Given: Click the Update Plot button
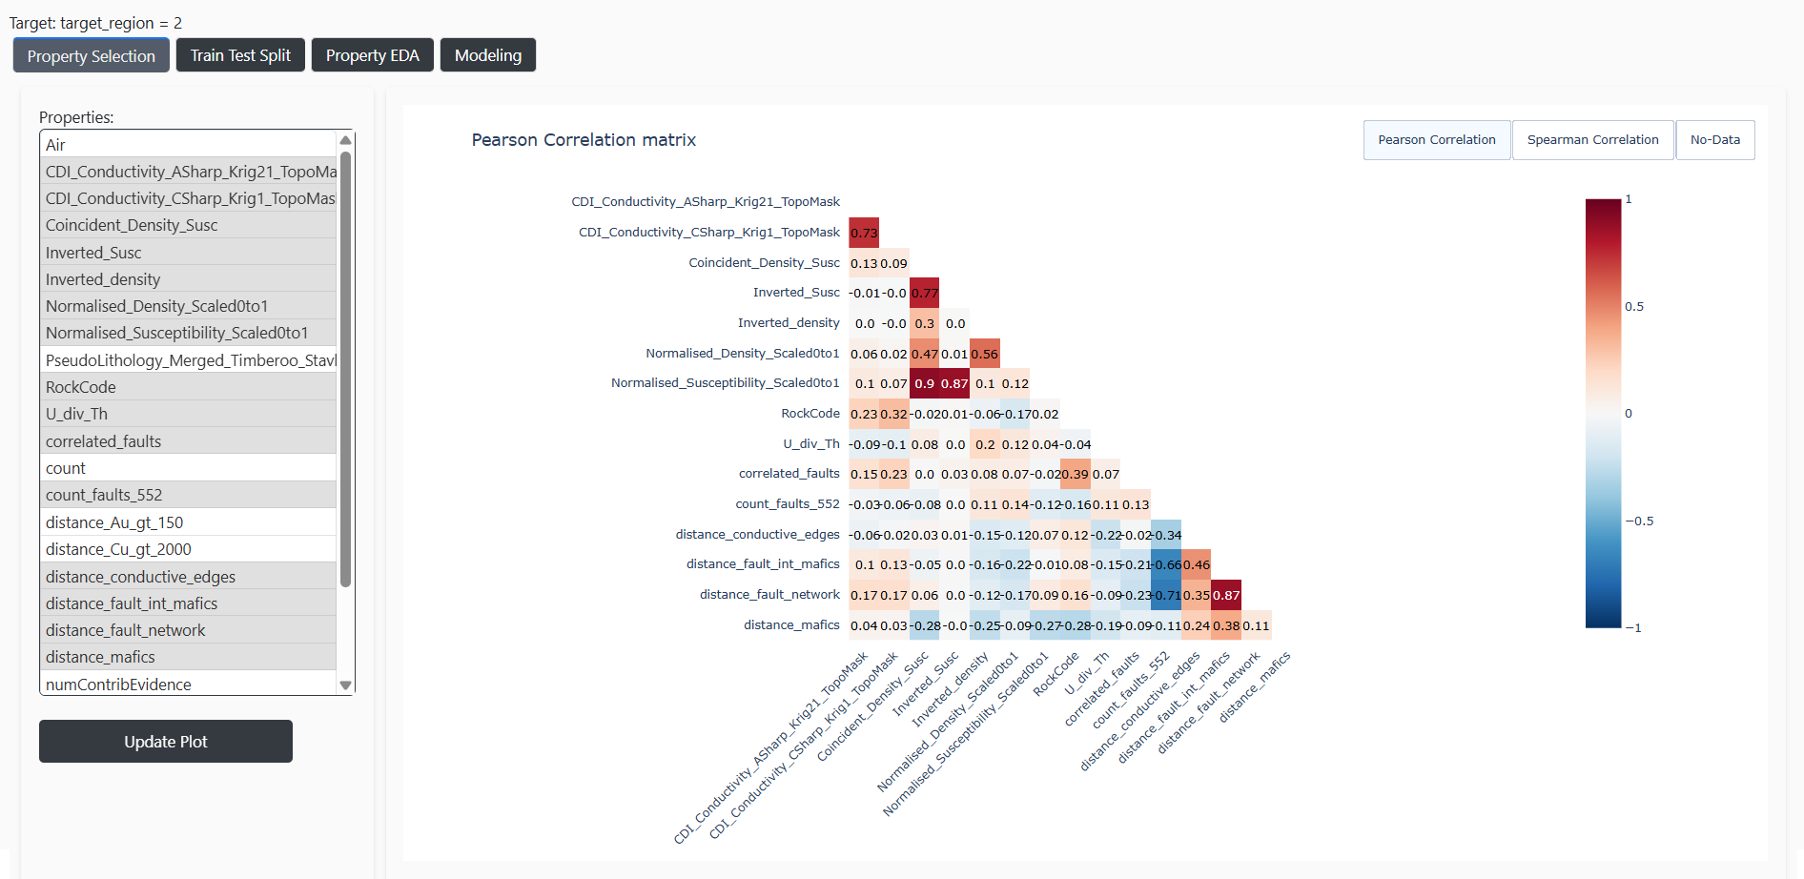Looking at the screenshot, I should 165,741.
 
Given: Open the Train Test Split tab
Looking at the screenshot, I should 240,55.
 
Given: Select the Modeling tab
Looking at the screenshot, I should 487,55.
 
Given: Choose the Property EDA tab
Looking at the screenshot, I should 372,55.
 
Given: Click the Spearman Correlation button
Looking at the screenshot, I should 1592,140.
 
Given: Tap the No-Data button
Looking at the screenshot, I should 1714,140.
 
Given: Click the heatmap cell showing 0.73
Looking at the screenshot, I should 864,233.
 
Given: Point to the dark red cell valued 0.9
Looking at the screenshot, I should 924,383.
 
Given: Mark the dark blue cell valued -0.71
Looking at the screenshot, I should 1166,595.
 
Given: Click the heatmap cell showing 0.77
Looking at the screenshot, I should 924,293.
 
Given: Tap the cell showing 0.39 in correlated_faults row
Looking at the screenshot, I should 1076,474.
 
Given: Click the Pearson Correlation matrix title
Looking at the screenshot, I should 584,140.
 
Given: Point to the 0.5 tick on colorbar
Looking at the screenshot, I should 1634,307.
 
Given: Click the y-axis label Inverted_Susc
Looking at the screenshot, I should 796,293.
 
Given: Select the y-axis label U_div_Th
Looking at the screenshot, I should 810,443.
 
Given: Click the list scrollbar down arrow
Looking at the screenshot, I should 346,685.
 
